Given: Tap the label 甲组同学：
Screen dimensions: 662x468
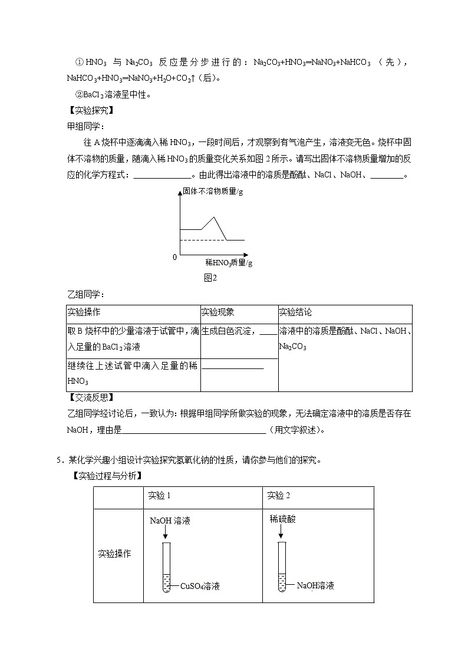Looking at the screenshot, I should point(85,126).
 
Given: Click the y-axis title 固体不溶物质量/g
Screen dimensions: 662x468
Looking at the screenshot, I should point(209,192).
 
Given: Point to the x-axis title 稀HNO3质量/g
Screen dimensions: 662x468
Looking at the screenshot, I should point(229,262).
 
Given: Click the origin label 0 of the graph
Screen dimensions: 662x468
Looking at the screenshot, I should point(174,258).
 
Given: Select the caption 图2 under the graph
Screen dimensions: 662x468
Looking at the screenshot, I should point(210,278).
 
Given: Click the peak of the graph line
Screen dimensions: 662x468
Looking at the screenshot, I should point(214,218).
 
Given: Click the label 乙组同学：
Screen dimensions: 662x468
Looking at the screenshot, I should point(85,294).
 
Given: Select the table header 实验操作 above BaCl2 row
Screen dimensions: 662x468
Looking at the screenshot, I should point(84,313).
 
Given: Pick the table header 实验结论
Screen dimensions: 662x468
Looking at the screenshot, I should point(295,313).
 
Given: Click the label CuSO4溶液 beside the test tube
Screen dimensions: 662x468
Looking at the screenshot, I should point(199,586).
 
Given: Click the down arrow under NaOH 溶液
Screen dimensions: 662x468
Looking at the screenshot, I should point(166,532).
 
